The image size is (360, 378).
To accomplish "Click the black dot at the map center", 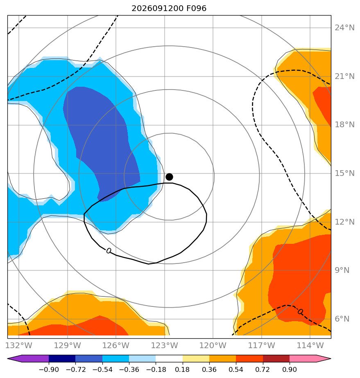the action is (169, 177).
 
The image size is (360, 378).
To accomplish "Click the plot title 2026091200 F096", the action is (169, 9).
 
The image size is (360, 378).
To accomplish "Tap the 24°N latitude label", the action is (344, 28).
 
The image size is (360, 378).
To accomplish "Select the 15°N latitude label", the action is (344, 173).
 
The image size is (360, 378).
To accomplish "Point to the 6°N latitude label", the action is (342, 319).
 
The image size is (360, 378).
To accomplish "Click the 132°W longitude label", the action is (18, 345).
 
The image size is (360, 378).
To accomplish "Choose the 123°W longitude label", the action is (164, 345).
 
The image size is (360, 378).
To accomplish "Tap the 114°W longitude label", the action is (310, 345).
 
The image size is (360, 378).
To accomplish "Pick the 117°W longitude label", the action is (262, 345).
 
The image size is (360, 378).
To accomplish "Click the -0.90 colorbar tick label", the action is (49, 369).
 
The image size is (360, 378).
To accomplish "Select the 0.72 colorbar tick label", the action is (263, 369).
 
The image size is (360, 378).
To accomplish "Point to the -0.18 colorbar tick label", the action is (156, 369).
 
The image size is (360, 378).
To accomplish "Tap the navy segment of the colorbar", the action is (62, 358).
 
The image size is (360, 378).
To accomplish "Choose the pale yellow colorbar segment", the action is (196, 358).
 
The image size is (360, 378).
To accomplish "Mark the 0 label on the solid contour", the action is (109, 251).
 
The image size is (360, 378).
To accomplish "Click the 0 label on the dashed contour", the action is (300, 312).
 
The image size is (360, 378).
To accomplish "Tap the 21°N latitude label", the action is (344, 76).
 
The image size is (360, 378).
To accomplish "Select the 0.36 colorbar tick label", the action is (209, 369).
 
